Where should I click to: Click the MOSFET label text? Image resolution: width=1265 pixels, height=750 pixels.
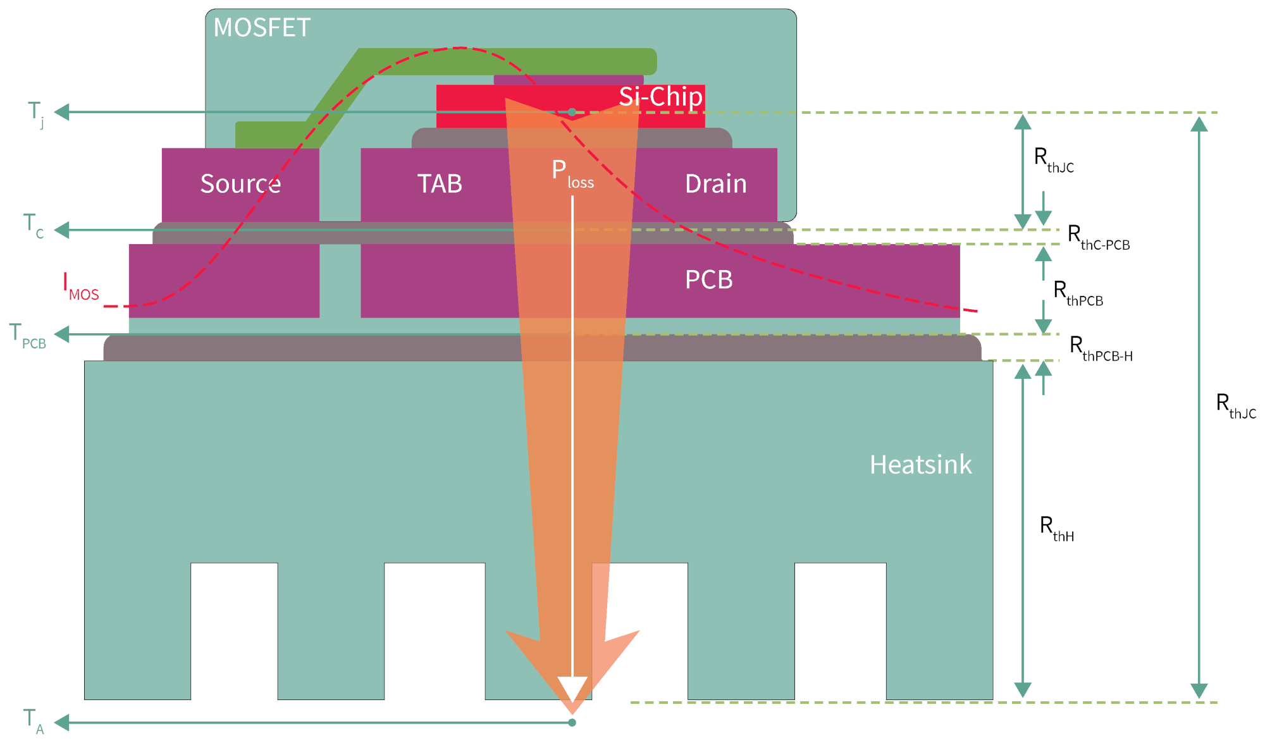(x=262, y=28)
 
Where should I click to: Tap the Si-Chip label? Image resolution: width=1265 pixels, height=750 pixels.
(x=660, y=97)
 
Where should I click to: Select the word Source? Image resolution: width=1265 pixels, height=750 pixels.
(x=240, y=184)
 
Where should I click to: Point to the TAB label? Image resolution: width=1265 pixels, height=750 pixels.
(x=440, y=184)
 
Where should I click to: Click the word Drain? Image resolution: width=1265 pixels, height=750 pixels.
(x=715, y=184)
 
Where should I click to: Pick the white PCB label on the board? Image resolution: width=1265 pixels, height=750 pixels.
(x=708, y=280)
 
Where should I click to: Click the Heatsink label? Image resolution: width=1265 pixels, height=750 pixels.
(x=920, y=465)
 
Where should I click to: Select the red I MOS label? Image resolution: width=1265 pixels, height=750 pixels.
(x=81, y=287)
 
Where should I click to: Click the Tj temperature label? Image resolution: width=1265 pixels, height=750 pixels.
(x=36, y=113)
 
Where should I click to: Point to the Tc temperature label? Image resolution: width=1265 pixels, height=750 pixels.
(x=34, y=226)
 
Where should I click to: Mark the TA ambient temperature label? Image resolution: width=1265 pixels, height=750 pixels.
(x=34, y=721)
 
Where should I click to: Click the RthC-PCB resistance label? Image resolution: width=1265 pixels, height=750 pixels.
(x=1098, y=237)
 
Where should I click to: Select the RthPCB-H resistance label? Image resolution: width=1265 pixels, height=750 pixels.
(x=1101, y=348)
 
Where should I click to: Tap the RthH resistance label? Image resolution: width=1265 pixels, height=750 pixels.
(x=1056, y=528)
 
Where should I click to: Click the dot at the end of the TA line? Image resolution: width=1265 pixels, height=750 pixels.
(x=572, y=722)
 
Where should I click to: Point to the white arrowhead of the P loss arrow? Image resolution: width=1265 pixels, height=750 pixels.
(x=572, y=688)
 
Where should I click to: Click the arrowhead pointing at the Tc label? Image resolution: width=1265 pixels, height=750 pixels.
(x=62, y=230)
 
